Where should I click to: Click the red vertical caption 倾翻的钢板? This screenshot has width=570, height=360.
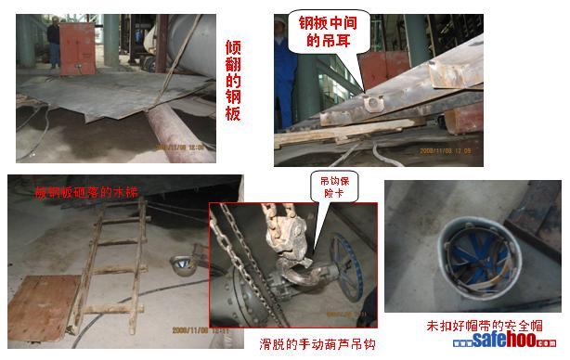tap(235, 81)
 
